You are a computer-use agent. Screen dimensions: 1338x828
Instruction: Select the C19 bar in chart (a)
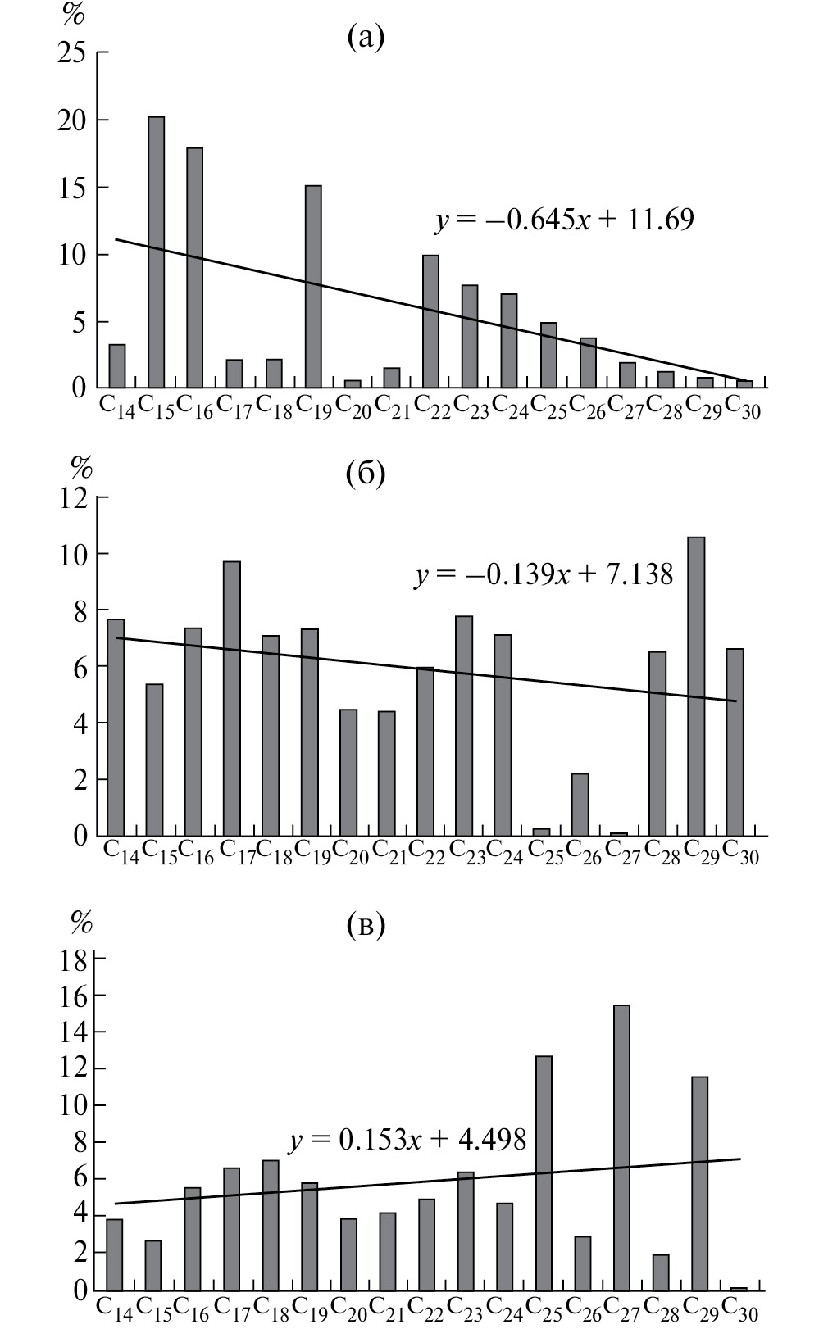click(x=313, y=286)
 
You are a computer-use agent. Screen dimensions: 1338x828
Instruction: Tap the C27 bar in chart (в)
click(x=621, y=1147)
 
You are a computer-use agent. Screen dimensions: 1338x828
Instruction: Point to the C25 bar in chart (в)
click(x=544, y=1172)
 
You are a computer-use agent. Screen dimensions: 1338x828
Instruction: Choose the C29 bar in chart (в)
click(x=699, y=1183)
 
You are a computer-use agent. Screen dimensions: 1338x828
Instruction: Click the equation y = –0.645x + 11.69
click(x=564, y=220)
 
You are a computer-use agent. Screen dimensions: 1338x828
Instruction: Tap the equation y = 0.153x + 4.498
click(x=407, y=1139)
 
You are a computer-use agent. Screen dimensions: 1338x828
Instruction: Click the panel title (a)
click(x=365, y=37)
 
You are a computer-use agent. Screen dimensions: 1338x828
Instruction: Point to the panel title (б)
click(x=365, y=474)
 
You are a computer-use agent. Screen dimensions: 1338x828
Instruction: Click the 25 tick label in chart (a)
click(x=72, y=53)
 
